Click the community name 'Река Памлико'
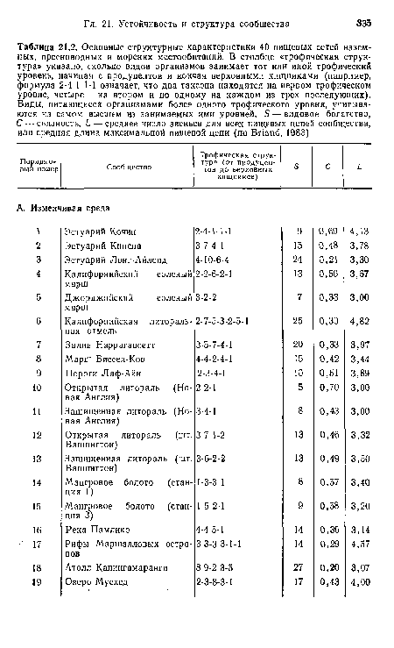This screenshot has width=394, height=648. tap(95, 555)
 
